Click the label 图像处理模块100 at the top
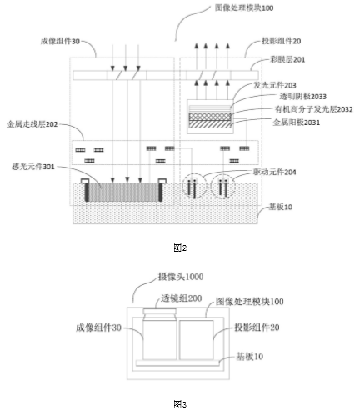(244, 8)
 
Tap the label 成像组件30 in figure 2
(60, 42)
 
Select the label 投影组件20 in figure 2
(282, 41)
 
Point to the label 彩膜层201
(287, 59)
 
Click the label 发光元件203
(274, 85)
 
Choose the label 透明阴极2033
(302, 97)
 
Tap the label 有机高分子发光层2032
(314, 109)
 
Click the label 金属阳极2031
(297, 123)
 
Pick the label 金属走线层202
(32, 124)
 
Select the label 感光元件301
(33, 167)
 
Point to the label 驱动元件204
(274, 173)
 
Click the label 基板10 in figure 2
(281, 207)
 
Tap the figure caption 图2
(180, 248)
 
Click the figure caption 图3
(180, 404)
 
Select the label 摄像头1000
(181, 277)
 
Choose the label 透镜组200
(182, 298)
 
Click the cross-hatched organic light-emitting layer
(210, 117)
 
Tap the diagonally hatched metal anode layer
(210, 124)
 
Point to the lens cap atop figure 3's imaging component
(160, 312)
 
